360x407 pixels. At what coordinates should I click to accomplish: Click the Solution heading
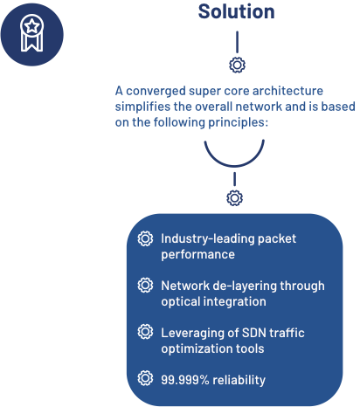tap(236, 11)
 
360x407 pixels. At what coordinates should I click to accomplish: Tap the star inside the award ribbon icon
tap(31, 26)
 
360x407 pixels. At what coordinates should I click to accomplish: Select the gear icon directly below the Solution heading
tap(237, 65)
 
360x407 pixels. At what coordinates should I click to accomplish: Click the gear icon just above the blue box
tap(234, 198)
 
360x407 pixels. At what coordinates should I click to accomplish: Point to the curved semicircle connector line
tap(234, 165)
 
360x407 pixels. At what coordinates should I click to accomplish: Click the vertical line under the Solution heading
tap(237, 42)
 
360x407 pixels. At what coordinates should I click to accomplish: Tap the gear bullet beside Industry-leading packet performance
tap(145, 238)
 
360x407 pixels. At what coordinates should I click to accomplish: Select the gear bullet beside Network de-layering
tap(145, 285)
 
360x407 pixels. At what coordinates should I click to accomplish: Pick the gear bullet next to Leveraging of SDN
tap(145, 332)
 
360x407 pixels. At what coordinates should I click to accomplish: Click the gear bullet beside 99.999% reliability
tap(145, 378)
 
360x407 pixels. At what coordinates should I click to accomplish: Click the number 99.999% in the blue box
tap(185, 380)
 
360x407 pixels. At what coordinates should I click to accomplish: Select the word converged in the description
tap(156, 92)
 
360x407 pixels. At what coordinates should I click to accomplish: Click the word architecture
tap(287, 91)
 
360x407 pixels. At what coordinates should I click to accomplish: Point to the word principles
tap(238, 122)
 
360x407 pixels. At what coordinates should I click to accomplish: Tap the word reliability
tap(239, 381)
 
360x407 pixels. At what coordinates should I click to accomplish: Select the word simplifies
tap(142, 107)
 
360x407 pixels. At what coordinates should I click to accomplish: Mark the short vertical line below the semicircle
tap(234, 179)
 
